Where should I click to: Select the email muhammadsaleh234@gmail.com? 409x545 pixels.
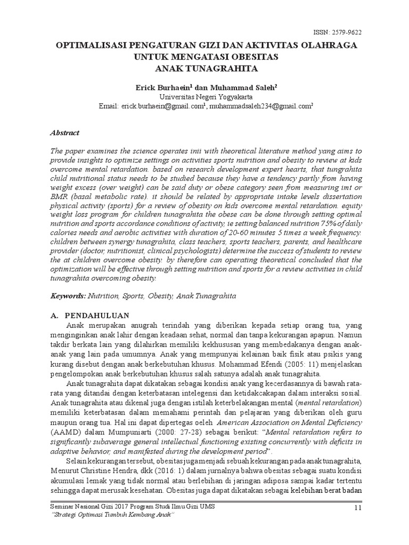[260, 106]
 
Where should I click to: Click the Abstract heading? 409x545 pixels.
[65, 133]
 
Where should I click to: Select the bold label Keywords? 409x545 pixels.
[69, 295]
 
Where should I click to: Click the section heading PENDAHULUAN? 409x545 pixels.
[96, 315]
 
